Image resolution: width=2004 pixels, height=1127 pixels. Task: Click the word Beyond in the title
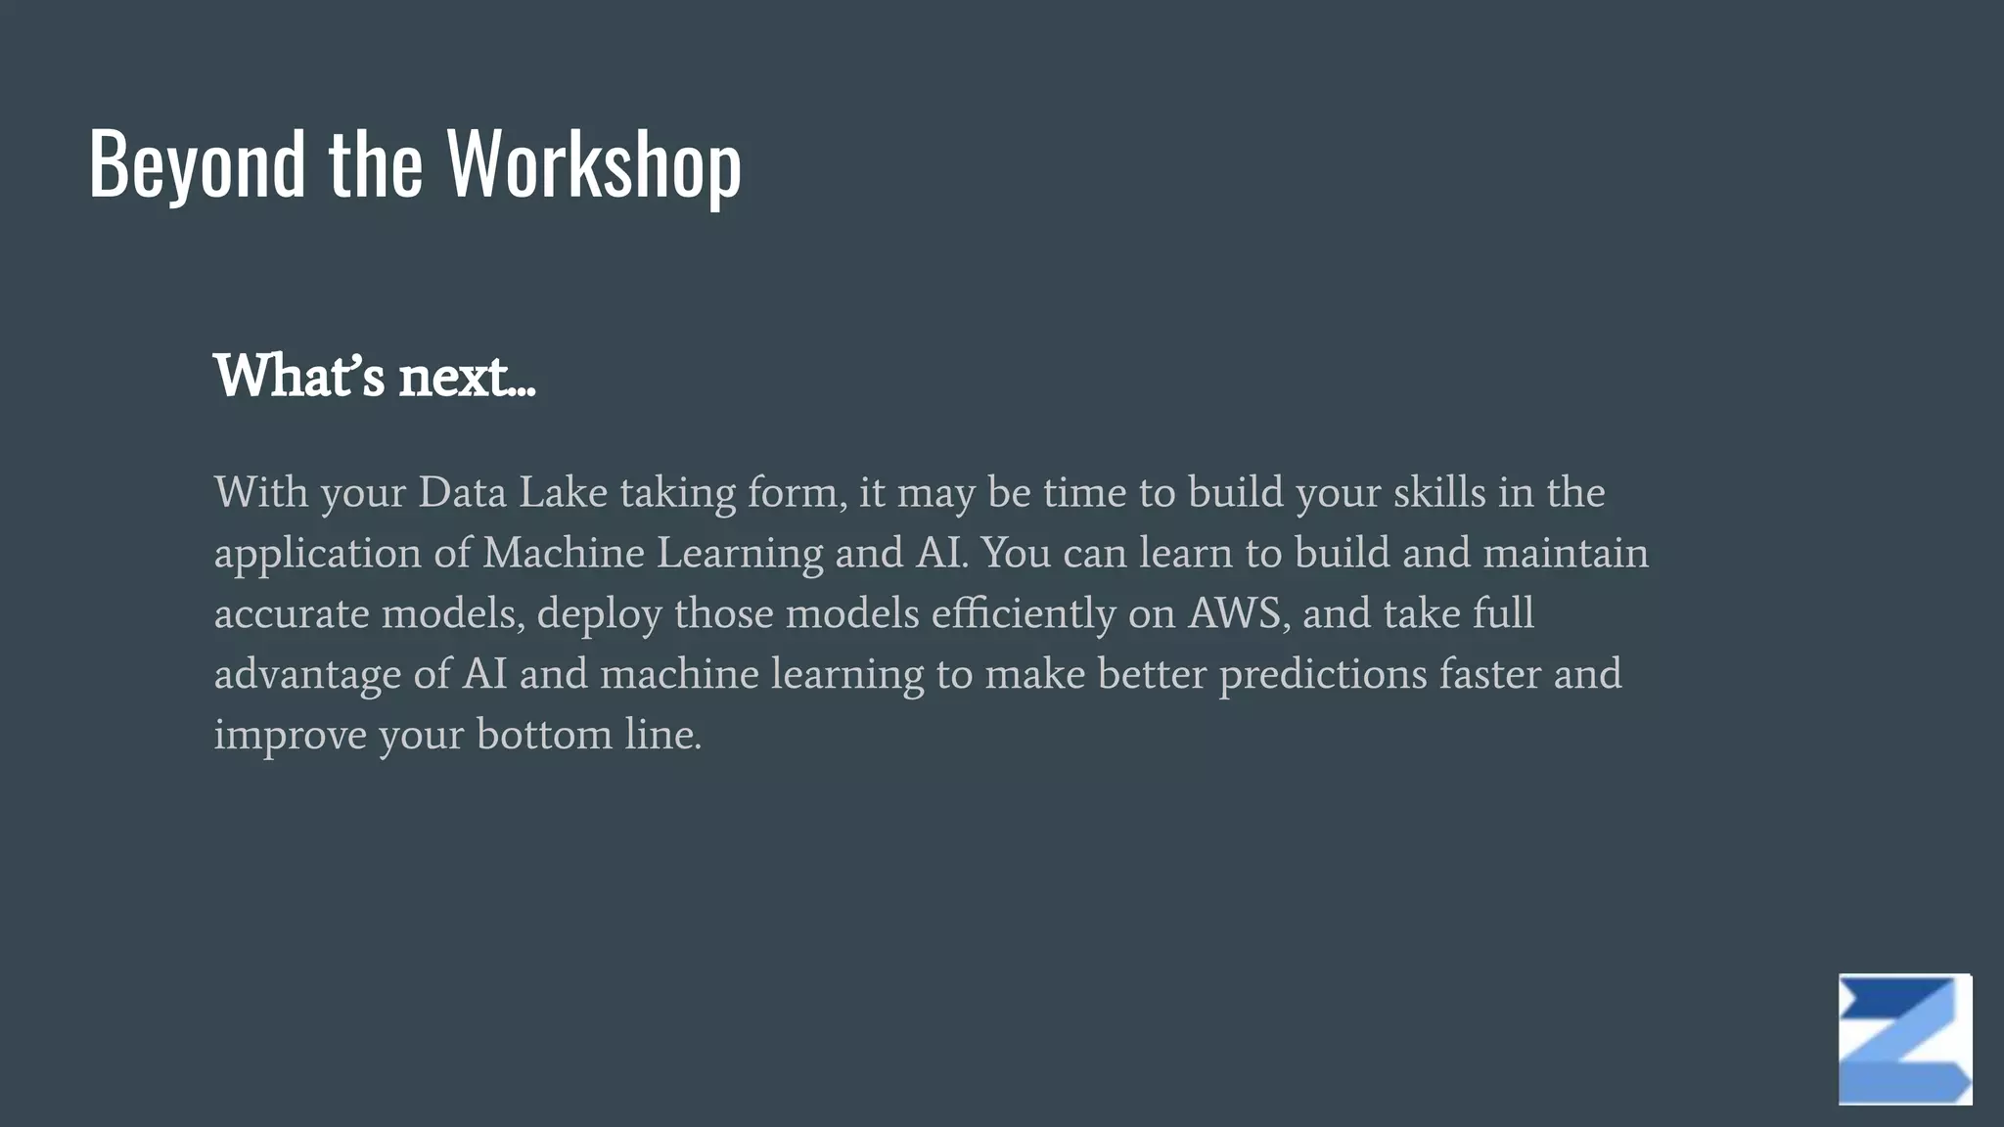(197, 164)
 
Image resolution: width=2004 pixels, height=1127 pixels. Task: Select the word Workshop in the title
(594, 164)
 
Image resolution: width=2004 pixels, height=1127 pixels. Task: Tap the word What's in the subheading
(299, 376)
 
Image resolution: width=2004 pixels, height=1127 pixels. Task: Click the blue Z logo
(1904, 1039)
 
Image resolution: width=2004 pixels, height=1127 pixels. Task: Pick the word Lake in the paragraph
(563, 492)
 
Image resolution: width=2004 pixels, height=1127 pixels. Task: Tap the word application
(318, 555)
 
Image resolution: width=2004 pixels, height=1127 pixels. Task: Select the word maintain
(1566, 553)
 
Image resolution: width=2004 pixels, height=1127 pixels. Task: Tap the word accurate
(292, 614)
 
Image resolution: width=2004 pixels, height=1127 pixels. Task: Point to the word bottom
(544, 735)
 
